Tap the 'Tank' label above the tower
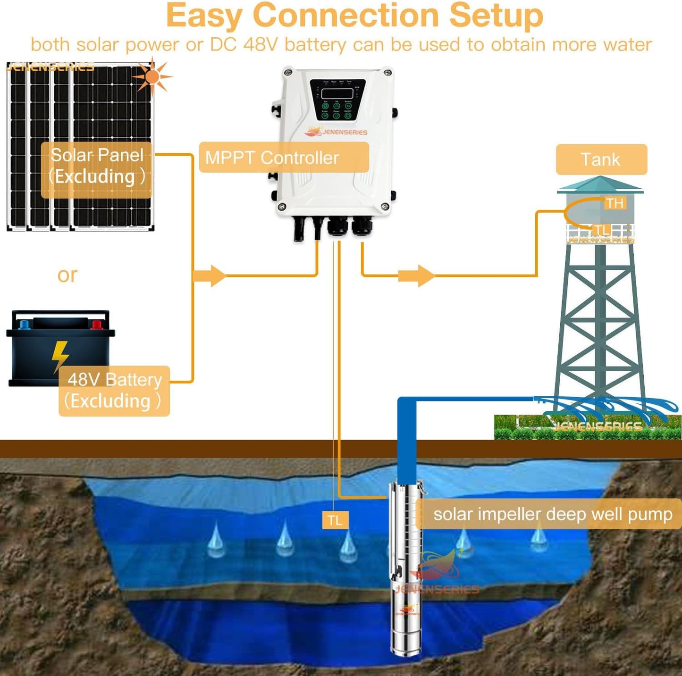pyautogui.click(x=601, y=159)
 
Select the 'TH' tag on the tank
pyautogui.click(x=615, y=203)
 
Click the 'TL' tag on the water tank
pyautogui.click(x=601, y=230)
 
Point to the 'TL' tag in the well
pyautogui.click(x=335, y=520)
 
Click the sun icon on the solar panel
pyautogui.click(x=152, y=76)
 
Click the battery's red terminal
pyautogui.click(x=97, y=324)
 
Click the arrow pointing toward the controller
pyautogui.click(x=210, y=275)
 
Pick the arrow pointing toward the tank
pyautogui.click(x=416, y=275)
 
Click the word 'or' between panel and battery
pyautogui.click(x=67, y=275)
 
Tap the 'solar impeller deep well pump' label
pyautogui.click(x=552, y=514)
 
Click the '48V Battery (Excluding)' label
pyautogui.click(x=114, y=391)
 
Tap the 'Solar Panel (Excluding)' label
pyautogui.click(x=97, y=166)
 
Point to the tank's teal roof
pyautogui.click(x=600, y=185)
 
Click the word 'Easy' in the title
pyautogui.click(x=204, y=16)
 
